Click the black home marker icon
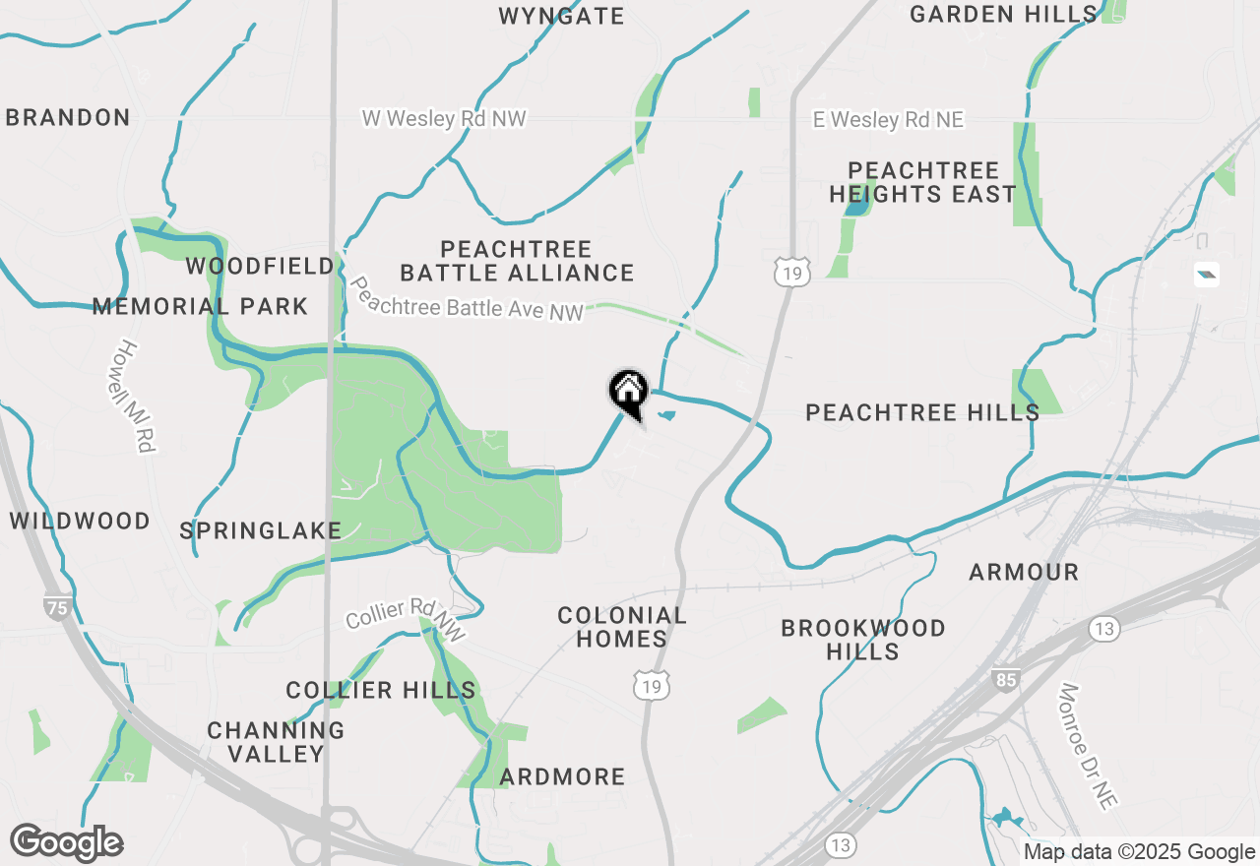pos(628,392)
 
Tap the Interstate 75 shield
pos(57,607)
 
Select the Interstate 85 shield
pos(1005,679)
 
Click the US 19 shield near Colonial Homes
pos(652,687)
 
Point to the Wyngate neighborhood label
pos(561,16)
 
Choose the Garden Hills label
pos(1003,14)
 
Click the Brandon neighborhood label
pos(68,117)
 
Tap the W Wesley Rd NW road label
pos(444,119)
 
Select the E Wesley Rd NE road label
pos(888,120)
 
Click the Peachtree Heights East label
pos(922,182)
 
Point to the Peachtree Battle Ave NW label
pos(467,298)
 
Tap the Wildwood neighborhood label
pos(80,521)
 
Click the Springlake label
pos(261,530)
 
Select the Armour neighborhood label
pos(1024,572)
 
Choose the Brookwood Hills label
pos(862,640)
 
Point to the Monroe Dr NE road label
pos(1088,745)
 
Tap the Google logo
pos(67,842)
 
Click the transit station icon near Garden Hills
pos(1207,275)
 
